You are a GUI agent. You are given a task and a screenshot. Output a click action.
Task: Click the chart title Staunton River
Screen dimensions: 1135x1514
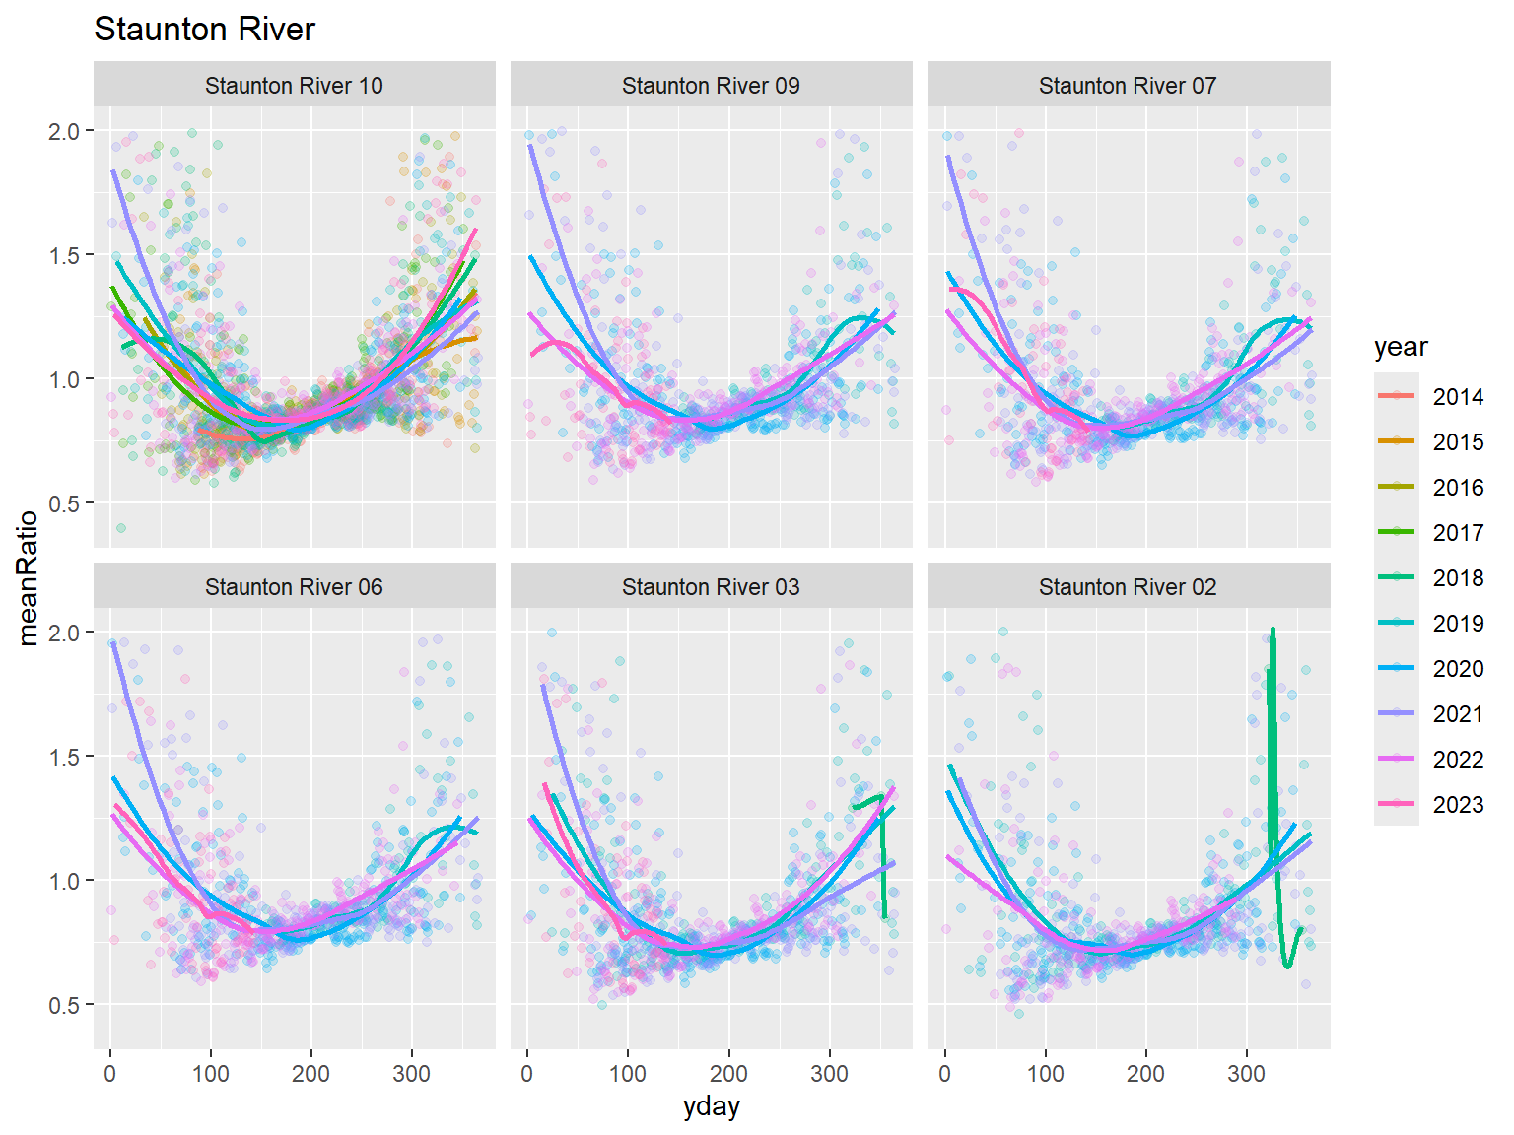pos(204,30)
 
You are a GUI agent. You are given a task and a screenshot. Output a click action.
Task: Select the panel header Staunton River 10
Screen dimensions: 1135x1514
pos(294,86)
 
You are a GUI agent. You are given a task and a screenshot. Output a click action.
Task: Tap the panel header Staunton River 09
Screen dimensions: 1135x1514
pos(711,86)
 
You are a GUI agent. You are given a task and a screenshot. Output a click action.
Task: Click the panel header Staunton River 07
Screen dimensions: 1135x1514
pos(1128,86)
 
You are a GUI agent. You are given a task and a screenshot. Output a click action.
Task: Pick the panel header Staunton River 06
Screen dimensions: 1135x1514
pos(294,587)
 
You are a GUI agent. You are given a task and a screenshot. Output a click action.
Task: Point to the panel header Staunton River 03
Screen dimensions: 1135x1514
pos(711,587)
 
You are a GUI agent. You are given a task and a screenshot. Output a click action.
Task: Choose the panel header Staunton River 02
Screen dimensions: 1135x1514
pos(1128,587)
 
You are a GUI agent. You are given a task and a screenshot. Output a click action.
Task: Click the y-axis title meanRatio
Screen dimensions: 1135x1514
pos(28,577)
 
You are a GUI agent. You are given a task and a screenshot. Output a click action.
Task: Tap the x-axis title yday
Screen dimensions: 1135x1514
pos(711,1106)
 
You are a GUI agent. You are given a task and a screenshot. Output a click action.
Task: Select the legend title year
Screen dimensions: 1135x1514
pos(1401,347)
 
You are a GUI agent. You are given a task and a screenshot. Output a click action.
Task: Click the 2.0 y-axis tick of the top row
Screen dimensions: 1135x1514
pos(64,131)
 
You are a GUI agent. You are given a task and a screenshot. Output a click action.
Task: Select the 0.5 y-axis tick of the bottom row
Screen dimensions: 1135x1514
pos(64,1005)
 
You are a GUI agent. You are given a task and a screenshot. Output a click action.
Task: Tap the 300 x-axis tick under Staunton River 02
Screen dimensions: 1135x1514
pos(1246,1073)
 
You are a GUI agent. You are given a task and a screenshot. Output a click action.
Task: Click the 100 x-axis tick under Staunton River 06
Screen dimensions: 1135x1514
pos(210,1073)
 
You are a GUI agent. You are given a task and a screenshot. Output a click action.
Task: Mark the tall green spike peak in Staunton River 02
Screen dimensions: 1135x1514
pos(1273,630)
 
